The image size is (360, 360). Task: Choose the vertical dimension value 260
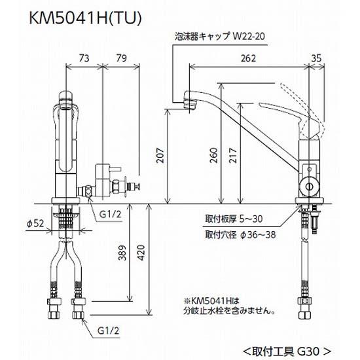click(215, 154)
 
